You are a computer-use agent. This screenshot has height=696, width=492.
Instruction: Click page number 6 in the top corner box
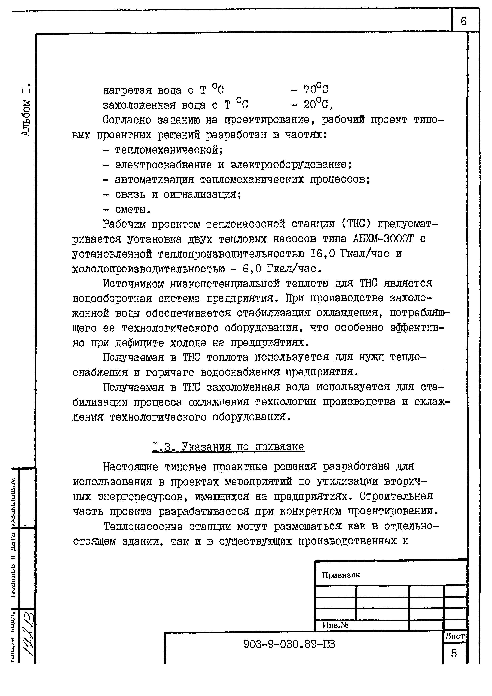(463, 21)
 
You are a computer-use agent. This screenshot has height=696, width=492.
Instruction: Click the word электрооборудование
(291, 165)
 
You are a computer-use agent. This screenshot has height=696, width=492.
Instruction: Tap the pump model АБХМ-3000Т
(383, 239)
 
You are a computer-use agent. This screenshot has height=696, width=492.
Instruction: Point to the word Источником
(133, 283)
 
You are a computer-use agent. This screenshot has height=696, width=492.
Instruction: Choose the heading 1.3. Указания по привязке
(228, 447)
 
